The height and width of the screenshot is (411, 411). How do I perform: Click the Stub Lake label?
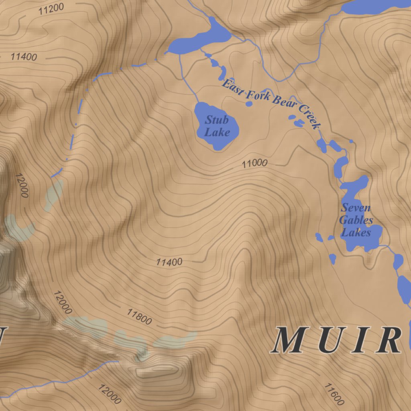[217, 126]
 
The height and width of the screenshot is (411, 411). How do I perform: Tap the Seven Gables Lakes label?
[356, 220]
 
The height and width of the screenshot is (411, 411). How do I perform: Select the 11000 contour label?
[254, 163]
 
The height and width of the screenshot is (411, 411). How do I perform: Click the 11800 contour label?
[139, 317]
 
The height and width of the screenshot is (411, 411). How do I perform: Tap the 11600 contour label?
[334, 394]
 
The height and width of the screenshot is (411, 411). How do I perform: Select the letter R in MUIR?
[388, 341]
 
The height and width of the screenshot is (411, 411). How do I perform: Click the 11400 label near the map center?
[169, 262]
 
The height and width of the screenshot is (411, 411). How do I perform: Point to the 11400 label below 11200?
[24, 57]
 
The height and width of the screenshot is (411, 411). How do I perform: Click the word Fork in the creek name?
[256, 95]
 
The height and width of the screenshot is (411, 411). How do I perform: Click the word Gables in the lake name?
[356, 220]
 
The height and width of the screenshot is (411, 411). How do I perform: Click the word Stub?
[217, 120]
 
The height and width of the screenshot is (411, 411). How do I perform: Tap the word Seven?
[356, 208]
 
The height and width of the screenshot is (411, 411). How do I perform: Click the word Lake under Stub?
[217, 132]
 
